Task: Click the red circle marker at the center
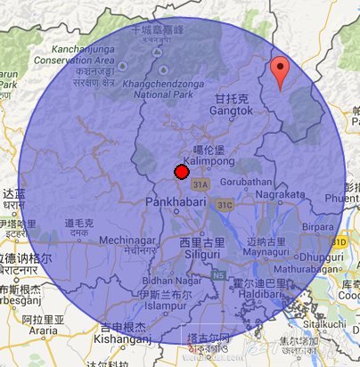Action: tap(180, 171)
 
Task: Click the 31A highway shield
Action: tap(200, 184)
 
